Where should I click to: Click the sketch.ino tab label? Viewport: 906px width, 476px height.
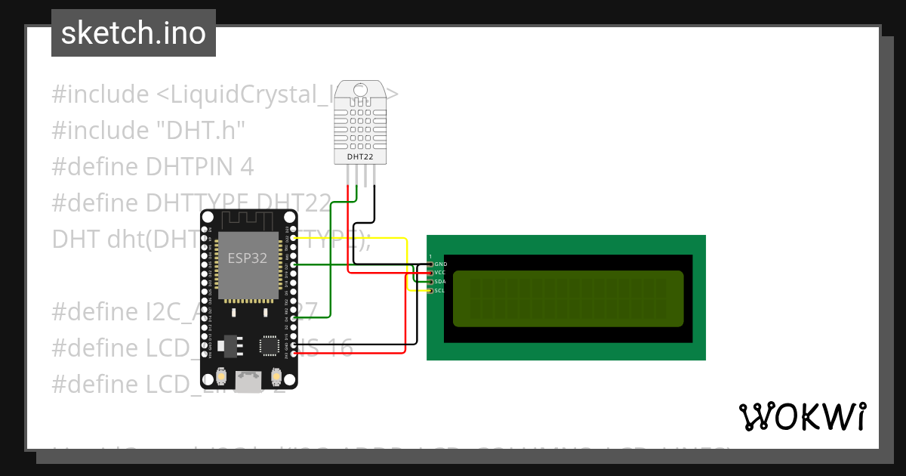pyautogui.click(x=134, y=33)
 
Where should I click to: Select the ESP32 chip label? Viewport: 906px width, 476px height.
pyautogui.click(x=248, y=257)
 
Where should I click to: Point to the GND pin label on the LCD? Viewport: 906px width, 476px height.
pyautogui.click(x=441, y=264)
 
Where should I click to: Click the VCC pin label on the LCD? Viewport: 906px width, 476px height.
pyautogui.click(x=441, y=273)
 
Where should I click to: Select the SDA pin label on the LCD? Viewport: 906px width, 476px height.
pyautogui.click(x=441, y=282)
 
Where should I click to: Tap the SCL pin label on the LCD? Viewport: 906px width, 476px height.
pyautogui.click(x=441, y=291)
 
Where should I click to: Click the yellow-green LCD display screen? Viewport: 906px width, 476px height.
pyautogui.click(x=568, y=298)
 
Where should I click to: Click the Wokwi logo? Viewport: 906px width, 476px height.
pyautogui.click(x=802, y=416)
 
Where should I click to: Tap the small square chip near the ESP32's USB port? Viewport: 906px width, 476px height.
pyautogui.click(x=269, y=345)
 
